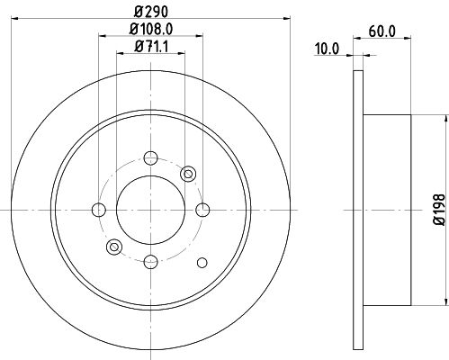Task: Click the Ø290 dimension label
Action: (151, 12)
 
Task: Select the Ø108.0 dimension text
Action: (151, 29)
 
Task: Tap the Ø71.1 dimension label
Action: (151, 47)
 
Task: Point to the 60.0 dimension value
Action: (382, 31)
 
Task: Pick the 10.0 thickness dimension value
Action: (327, 49)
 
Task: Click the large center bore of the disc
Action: (150, 210)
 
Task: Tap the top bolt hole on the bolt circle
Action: (150, 157)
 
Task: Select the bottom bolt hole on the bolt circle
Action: (150, 262)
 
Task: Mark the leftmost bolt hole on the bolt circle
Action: (99, 210)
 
